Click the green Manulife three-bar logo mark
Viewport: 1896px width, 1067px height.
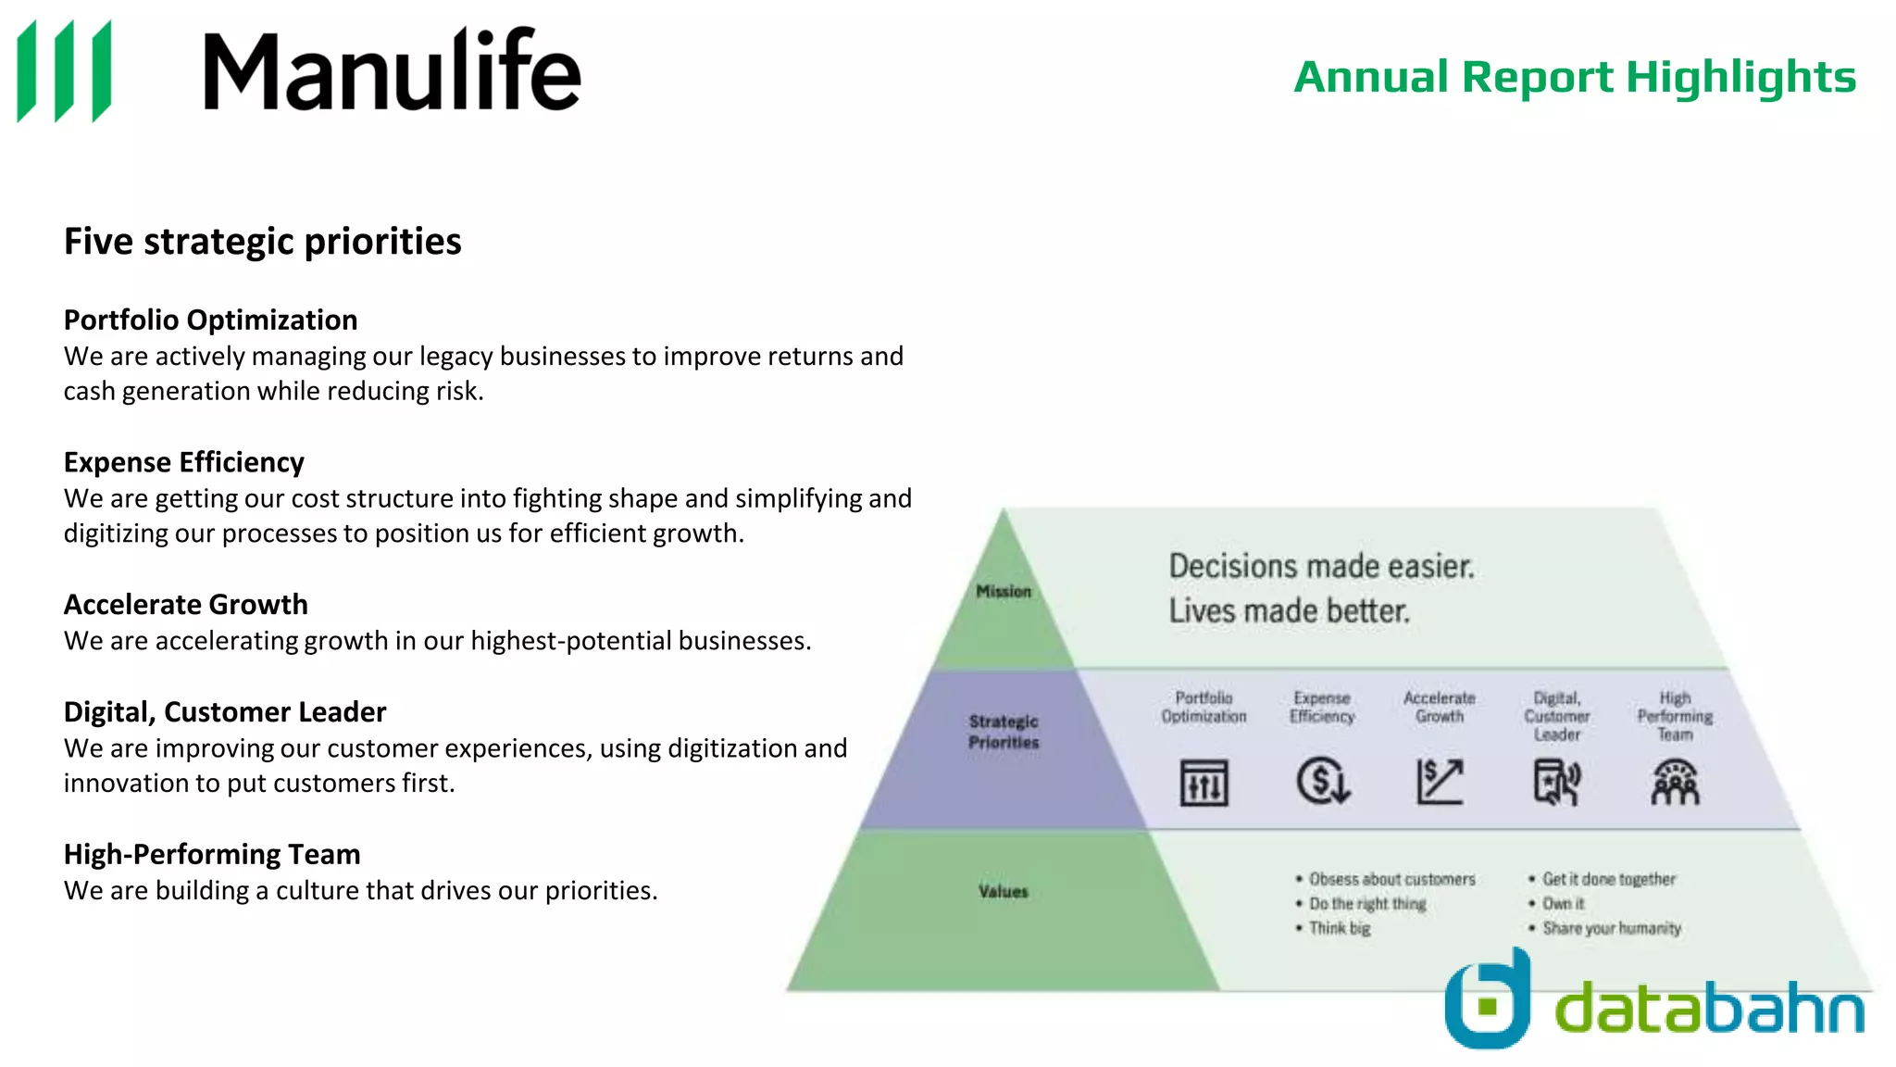click(65, 70)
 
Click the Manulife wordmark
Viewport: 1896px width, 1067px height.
click(392, 70)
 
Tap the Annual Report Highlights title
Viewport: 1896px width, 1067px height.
click(1574, 77)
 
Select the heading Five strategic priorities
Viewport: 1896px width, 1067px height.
click(262, 242)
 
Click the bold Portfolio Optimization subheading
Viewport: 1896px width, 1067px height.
click(210, 320)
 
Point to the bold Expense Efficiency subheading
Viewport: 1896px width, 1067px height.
click(183, 462)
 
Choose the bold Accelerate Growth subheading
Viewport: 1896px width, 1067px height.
click(185, 605)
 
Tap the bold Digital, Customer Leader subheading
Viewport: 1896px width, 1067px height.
click(224, 712)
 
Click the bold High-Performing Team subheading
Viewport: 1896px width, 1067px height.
click(211, 854)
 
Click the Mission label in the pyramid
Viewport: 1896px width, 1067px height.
click(1003, 592)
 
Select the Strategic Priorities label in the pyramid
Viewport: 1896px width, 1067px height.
click(1004, 732)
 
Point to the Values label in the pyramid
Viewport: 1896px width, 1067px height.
click(1004, 892)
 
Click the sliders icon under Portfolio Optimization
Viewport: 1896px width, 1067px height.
click(1204, 784)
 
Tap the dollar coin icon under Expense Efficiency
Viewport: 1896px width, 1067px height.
click(1323, 781)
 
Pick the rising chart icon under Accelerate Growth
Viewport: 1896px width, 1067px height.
click(1440, 782)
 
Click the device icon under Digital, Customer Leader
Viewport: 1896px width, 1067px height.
click(1557, 782)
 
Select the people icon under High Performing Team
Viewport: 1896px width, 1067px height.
click(1675, 783)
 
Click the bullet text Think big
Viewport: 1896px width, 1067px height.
click(1339, 928)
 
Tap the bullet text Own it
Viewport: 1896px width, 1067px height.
click(1563, 904)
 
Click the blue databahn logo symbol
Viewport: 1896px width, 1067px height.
click(1488, 1000)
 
